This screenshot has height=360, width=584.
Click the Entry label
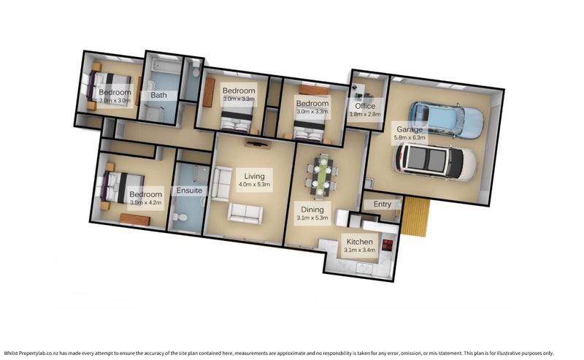[x=382, y=204]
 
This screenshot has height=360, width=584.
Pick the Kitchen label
[x=360, y=241]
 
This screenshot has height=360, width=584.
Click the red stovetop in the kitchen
[x=388, y=246]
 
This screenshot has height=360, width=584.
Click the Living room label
[x=254, y=176]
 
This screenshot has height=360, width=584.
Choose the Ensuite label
[x=189, y=191]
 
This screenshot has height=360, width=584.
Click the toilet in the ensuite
[x=182, y=217]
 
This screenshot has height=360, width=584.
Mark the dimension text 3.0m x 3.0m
[x=115, y=100]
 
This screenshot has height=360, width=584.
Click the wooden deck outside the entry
[x=418, y=217]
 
